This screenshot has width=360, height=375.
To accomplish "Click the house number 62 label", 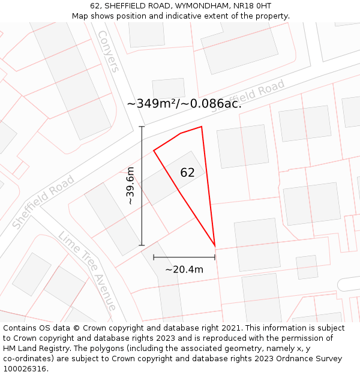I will [x=187, y=173].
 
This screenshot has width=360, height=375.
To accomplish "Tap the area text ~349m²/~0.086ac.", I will [x=184, y=103].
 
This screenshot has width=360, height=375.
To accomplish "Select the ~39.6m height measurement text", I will [x=130, y=187].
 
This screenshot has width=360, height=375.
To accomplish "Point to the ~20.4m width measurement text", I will [x=184, y=269].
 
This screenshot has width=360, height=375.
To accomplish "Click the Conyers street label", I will [x=108, y=51].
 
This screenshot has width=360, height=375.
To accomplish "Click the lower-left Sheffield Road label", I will [x=43, y=202].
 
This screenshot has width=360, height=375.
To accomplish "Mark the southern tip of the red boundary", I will [x=215, y=246].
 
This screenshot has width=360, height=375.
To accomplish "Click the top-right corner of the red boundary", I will [x=202, y=127].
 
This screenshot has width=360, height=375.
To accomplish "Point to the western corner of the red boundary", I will [x=154, y=150].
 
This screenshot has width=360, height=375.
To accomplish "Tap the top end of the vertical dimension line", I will [x=142, y=127].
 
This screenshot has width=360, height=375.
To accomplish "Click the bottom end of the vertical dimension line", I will [x=142, y=245].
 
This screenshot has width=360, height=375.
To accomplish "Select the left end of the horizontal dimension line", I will [x=154, y=257].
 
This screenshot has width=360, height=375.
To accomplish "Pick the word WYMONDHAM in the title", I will [x=193, y=6].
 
